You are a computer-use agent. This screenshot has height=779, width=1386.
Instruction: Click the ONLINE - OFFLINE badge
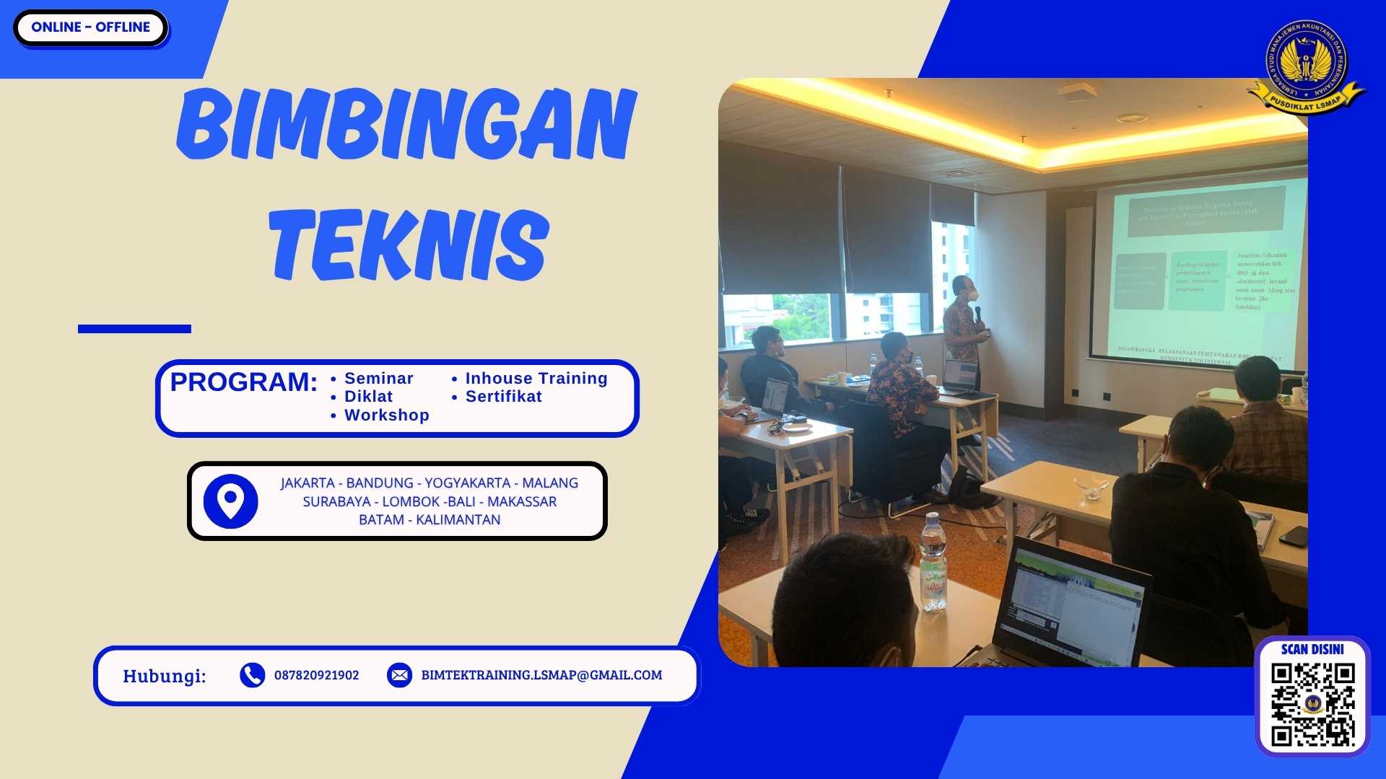(90, 27)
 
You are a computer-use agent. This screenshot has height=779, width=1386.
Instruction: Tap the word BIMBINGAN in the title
(406, 124)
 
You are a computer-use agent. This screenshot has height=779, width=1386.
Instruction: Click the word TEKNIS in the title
(409, 245)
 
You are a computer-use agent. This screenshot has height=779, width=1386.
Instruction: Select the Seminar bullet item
(378, 379)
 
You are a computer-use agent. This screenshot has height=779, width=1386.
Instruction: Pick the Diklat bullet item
(368, 397)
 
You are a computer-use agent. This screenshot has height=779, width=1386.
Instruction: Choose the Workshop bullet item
(386, 415)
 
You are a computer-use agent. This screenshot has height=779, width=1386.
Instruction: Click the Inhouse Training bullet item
(536, 379)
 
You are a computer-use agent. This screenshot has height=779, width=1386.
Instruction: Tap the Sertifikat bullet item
(503, 397)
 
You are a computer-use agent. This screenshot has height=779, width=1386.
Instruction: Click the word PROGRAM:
(243, 382)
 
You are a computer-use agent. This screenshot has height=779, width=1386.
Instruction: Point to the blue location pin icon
(230, 501)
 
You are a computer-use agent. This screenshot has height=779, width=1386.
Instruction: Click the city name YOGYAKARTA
(467, 483)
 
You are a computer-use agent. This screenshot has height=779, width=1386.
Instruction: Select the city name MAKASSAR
(522, 502)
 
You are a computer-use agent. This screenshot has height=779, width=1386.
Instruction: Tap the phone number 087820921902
(316, 675)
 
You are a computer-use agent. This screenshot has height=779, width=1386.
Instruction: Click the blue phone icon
(252, 675)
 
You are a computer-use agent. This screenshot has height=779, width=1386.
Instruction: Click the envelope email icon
(399, 675)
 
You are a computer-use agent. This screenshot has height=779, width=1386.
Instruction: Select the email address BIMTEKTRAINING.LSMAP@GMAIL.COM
(541, 675)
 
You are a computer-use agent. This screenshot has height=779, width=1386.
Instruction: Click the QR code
(1312, 704)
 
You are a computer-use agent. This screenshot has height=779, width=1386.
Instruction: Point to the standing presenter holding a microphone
(964, 321)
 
